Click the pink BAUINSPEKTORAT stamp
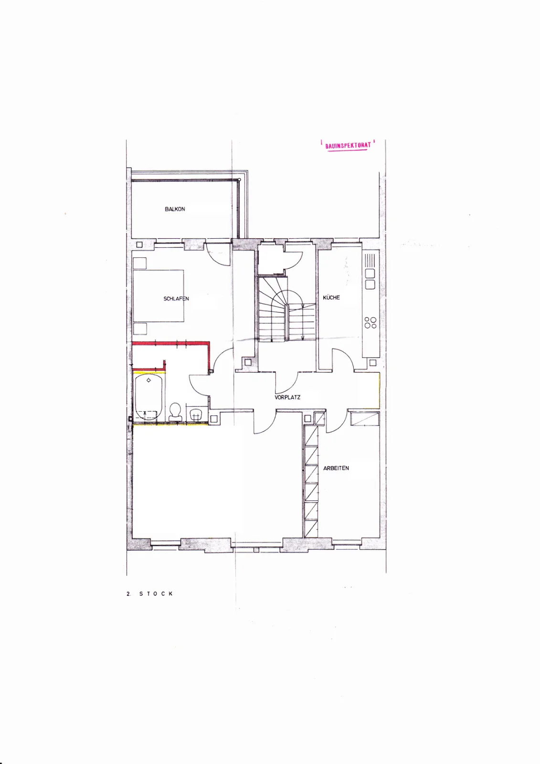pyautogui.click(x=348, y=146)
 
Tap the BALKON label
pyautogui.click(x=175, y=209)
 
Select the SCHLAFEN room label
pyautogui.click(x=176, y=299)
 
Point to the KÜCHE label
pyautogui.click(x=331, y=297)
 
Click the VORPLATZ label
pyautogui.click(x=287, y=397)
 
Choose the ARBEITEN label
pyautogui.click(x=336, y=468)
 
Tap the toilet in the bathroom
pyautogui.click(x=175, y=413)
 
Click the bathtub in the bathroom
pyautogui.click(x=148, y=397)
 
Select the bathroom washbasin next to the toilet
pyautogui.click(x=196, y=414)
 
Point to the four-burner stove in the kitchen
pyautogui.click(x=371, y=322)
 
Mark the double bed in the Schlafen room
pyautogui.click(x=159, y=296)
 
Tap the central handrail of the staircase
pyautogui.click(x=287, y=323)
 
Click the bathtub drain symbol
pyautogui.click(x=148, y=380)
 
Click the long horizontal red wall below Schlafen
pyautogui.click(x=170, y=343)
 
